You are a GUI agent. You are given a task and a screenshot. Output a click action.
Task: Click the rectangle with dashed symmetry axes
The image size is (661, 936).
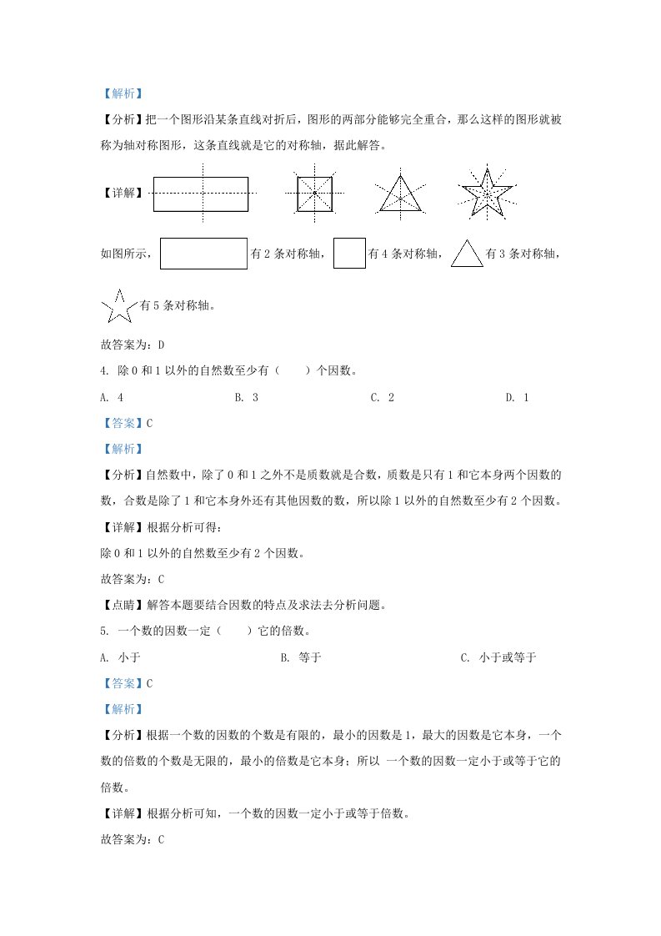(201, 194)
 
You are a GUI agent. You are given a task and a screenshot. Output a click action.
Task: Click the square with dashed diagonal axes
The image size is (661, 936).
(315, 194)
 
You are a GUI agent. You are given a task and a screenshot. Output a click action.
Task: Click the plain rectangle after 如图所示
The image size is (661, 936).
(203, 254)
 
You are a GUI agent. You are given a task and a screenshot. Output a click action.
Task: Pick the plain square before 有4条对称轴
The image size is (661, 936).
(349, 254)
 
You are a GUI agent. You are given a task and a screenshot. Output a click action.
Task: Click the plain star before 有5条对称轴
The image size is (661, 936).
(118, 307)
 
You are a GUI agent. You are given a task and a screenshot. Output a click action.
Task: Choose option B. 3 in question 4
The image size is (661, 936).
(247, 398)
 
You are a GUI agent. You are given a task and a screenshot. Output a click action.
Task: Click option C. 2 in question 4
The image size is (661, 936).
(383, 398)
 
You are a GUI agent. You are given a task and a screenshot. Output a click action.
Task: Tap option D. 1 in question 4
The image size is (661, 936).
(518, 398)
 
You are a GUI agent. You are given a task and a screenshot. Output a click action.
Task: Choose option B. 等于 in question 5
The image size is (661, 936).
(301, 658)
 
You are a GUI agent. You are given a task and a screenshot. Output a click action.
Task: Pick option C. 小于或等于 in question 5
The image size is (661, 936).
(498, 658)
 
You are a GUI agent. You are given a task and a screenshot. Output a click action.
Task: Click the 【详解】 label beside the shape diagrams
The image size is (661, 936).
(123, 194)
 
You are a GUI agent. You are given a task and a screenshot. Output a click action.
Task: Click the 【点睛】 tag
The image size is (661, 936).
(123, 606)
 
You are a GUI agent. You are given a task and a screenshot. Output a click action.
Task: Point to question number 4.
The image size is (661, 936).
(103, 371)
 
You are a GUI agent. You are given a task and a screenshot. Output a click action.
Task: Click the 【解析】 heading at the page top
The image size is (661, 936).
(122, 94)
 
